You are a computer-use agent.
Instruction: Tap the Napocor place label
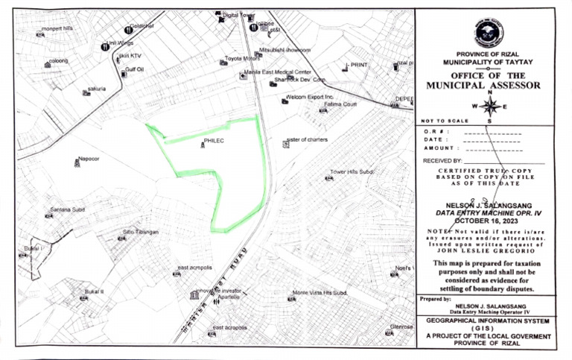(x=89, y=159)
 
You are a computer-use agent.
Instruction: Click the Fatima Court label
(x=341, y=104)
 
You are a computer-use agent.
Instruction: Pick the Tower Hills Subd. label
(x=351, y=172)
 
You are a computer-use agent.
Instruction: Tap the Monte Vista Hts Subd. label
(x=320, y=293)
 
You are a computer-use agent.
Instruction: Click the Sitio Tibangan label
(x=141, y=232)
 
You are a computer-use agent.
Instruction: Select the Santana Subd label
(x=68, y=209)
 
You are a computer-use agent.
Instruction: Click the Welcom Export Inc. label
(x=308, y=98)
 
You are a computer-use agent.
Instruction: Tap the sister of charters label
(x=307, y=139)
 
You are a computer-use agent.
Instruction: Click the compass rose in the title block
(x=489, y=106)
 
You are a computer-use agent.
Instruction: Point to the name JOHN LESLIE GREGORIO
(x=489, y=251)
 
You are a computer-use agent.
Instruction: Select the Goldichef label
(x=142, y=27)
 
